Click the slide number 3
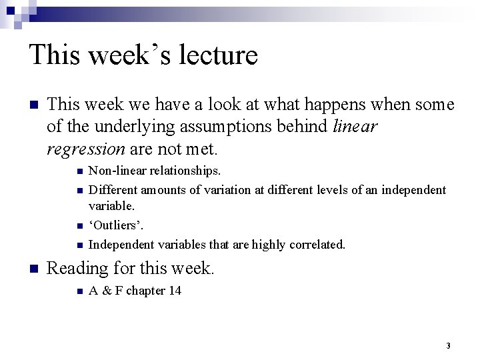pyautogui.click(x=448, y=345)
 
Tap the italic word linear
pyautogui.click(x=355, y=125)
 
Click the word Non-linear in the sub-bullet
pyautogui.click(x=114, y=172)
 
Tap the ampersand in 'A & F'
pyautogui.click(x=105, y=291)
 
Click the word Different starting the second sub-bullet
pyautogui.click(x=111, y=190)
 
